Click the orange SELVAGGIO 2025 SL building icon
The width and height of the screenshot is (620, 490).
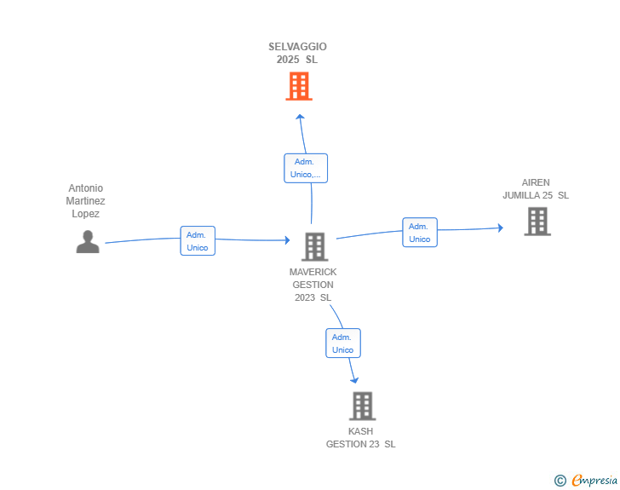299,86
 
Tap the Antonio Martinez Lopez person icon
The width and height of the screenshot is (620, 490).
88,241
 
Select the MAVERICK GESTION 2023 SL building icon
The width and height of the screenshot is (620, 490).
315,246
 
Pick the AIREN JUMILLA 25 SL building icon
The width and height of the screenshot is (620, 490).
537,222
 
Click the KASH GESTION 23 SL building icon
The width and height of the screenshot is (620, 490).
362,406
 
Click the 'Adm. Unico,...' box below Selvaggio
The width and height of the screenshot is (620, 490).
306,168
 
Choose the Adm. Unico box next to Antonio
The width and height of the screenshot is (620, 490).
198,240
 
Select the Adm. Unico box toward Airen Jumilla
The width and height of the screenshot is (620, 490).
420,233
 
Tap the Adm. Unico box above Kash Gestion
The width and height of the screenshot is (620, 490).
343,343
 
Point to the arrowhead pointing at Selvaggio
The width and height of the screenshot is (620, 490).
301,117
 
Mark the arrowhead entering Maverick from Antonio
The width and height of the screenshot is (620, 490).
288,239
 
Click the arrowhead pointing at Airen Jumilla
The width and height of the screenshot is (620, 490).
501,228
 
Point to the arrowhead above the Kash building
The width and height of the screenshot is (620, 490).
354,380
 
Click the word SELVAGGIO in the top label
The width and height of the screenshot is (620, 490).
298,47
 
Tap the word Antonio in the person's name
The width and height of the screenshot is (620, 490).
86,188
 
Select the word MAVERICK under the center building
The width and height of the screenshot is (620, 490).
313,272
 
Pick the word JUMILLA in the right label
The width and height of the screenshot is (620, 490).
527,195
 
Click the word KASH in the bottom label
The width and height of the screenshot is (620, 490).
360,431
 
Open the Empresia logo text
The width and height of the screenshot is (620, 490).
594,481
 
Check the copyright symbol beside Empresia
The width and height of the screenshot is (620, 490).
560,481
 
